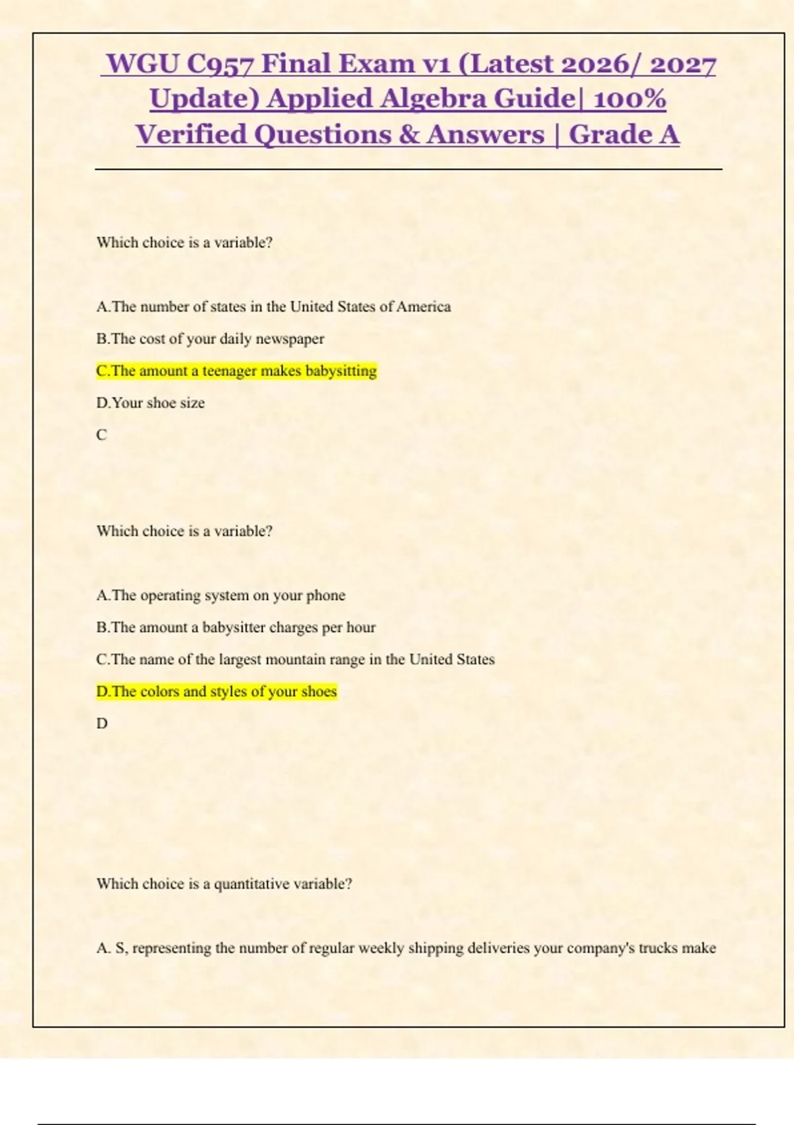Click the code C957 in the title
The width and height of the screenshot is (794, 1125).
click(x=221, y=64)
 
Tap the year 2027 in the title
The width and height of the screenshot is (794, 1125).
click(x=683, y=64)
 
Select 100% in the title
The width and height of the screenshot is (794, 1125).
click(x=629, y=99)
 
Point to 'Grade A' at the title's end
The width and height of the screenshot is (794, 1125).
click(x=624, y=134)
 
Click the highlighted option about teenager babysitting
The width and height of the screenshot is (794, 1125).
click(x=236, y=371)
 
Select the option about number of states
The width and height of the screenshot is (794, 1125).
click(x=273, y=306)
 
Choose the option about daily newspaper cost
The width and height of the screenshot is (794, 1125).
click(x=210, y=339)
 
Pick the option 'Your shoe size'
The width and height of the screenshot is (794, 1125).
click(x=150, y=402)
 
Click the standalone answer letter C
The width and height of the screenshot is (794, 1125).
click(x=101, y=435)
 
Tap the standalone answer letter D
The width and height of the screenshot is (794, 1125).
click(x=102, y=723)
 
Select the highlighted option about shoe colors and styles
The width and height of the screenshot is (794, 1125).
click(x=216, y=692)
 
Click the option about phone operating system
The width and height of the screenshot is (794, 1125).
click(x=220, y=595)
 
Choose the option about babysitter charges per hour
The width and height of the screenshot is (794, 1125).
click(x=236, y=627)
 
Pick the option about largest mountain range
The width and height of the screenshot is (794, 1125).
click(x=295, y=659)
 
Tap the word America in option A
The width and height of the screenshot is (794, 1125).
click(x=423, y=306)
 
